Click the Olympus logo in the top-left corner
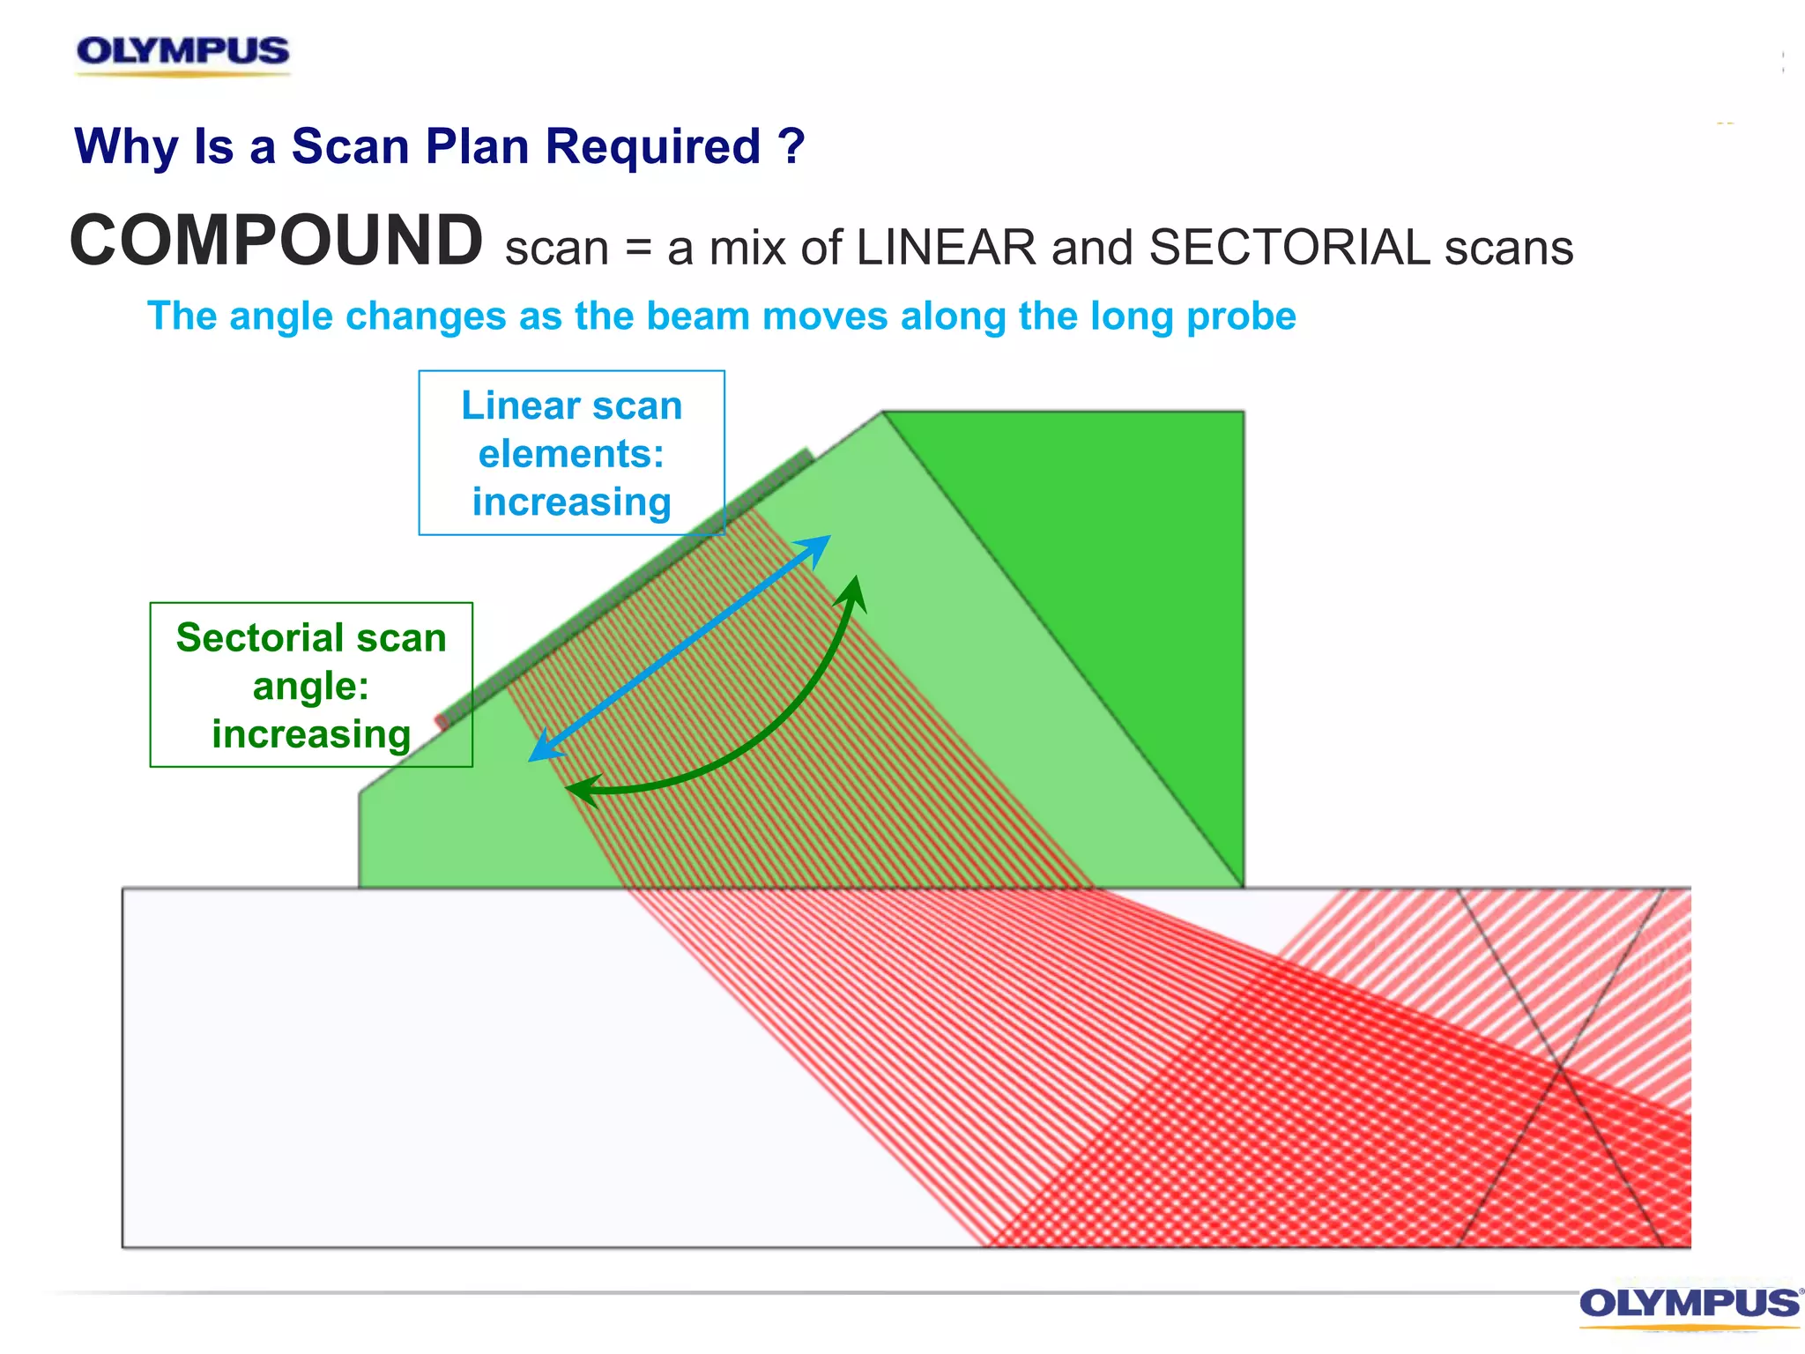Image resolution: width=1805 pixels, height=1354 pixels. coord(182,52)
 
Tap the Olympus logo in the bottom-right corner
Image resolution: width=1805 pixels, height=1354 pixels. coord(1689,1304)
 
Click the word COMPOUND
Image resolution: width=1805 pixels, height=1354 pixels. coord(276,241)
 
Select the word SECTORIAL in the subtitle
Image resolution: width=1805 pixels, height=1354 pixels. coord(1289,248)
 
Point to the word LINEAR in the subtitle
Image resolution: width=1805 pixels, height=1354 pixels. coord(946,248)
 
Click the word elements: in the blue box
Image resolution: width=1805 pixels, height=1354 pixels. coord(571,455)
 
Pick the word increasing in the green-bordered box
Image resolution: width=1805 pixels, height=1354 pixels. coord(311,734)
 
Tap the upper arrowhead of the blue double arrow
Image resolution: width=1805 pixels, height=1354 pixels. coord(820,544)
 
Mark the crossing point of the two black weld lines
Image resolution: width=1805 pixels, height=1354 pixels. coord(1561,1068)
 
